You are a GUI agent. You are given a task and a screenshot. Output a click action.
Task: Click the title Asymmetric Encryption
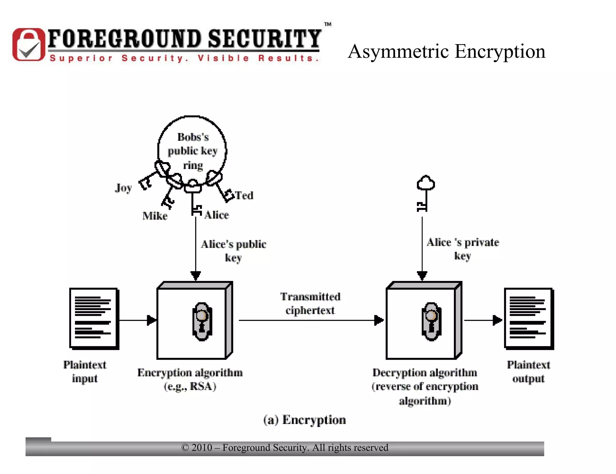click(x=446, y=51)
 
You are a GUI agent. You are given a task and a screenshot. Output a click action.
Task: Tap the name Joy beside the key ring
click(x=123, y=188)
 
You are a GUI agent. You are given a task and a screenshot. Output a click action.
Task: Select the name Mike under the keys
click(x=155, y=216)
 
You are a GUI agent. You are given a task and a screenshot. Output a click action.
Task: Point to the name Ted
click(x=244, y=195)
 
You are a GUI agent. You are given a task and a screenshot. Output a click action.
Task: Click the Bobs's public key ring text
click(x=192, y=151)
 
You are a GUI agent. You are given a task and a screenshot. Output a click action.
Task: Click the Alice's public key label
click(x=233, y=251)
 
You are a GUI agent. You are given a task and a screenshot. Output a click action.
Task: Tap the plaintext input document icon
click(x=94, y=318)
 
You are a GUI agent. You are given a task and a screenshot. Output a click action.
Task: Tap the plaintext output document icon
click(x=529, y=318)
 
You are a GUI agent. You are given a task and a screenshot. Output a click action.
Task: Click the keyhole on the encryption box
click(x=202, y=321)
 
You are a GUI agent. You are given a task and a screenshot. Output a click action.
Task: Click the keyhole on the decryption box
click(x=431, y=321)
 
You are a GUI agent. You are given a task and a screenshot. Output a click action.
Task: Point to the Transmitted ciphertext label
click(x=310, y=303)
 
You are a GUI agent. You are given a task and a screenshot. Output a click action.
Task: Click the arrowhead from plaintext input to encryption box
click(x=152, y=320)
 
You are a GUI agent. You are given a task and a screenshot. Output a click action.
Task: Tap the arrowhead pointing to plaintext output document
click(x=497, y=320)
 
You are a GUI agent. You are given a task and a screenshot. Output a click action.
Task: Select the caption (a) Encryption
click(x=304, y=420)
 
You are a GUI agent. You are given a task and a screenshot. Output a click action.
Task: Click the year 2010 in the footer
click(x=202, y=448)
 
